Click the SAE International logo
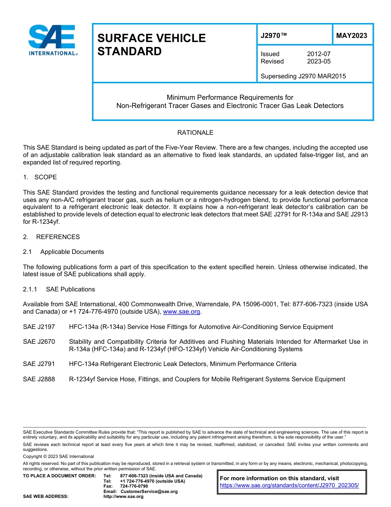[53, 40]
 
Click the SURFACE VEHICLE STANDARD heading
[151, 45]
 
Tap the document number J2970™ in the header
[274, 35]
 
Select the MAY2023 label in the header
[351, 35]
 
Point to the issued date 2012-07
[319, 54]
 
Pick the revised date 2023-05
[319, 61]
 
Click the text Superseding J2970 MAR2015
[303, 76]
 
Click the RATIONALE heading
[195, 133]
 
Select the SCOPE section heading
[45, 177]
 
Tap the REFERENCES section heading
[58, 237]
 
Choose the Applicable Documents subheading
[72, 252]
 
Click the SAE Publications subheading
[70, 289]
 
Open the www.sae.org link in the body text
[182, 312]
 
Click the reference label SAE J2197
[39, 327]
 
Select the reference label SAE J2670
[39, 342]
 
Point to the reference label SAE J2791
[39, 364]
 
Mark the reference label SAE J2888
[39, 379]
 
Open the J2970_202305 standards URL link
[289, 486]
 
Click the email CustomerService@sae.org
[149, 491]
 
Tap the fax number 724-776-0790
[134, 486]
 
